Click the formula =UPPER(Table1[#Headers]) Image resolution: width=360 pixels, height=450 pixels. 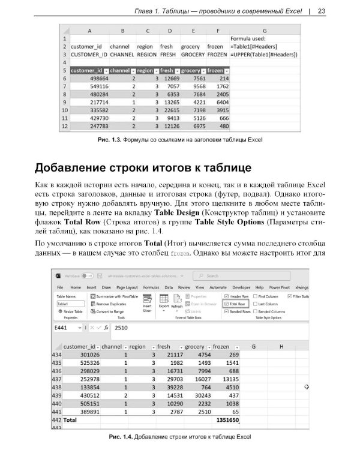click(264, 55)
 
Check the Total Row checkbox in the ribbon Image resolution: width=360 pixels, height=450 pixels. click(226, 304)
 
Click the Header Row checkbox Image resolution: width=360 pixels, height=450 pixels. click(226, 296)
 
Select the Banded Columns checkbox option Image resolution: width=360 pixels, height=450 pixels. click(256, 312)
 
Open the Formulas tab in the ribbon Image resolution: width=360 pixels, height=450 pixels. click(151, 287)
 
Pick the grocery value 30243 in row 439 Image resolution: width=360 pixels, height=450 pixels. click(196, 397)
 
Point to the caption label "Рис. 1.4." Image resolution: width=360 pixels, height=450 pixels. click(121, 436)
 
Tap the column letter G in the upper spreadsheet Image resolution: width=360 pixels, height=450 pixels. click(264, 31)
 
